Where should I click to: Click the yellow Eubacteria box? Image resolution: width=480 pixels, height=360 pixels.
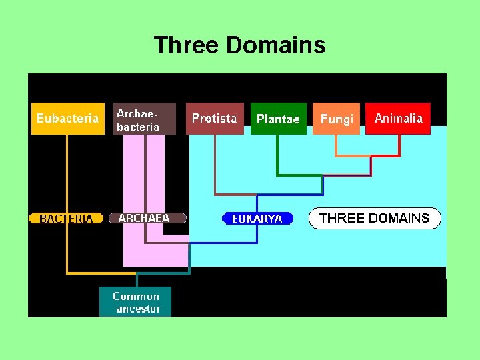(x=67, y=119)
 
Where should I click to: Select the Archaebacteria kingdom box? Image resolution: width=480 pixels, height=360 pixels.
(x=144, y=119)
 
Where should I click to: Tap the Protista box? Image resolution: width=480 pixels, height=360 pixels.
(x=214, y=119)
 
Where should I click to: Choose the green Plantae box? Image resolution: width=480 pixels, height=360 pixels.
(x=278, y=119)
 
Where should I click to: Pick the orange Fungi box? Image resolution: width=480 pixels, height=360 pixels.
(x=336, y=119)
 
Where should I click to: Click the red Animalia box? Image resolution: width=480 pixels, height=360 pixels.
(x=398, y=119)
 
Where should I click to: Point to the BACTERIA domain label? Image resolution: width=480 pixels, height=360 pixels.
(x=66, y=218)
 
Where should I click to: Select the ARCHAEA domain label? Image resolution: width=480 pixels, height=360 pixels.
(x=144, y=218)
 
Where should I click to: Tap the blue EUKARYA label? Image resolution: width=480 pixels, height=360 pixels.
(x=257, y=218)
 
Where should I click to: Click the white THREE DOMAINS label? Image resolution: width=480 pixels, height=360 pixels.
(x=374, y=218)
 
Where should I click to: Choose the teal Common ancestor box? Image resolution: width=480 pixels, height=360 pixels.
(x=135, y=302)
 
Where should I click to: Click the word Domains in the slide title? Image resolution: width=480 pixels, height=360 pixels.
(x=275, y=45)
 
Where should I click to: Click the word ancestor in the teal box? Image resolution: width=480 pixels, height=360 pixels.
(x=138, y=309)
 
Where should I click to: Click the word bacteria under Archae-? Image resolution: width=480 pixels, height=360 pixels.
(x=138, y=126)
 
